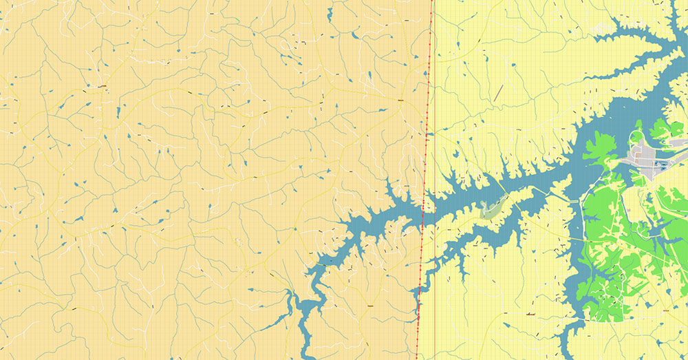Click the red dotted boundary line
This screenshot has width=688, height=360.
(x=427, y=138)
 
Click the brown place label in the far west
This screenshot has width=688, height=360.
(x=102, y=86)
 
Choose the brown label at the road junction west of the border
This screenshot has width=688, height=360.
(x=400, y=100)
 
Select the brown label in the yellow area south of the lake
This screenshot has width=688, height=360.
(x=530, y=315)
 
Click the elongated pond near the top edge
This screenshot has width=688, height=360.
(x=330, y=14)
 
